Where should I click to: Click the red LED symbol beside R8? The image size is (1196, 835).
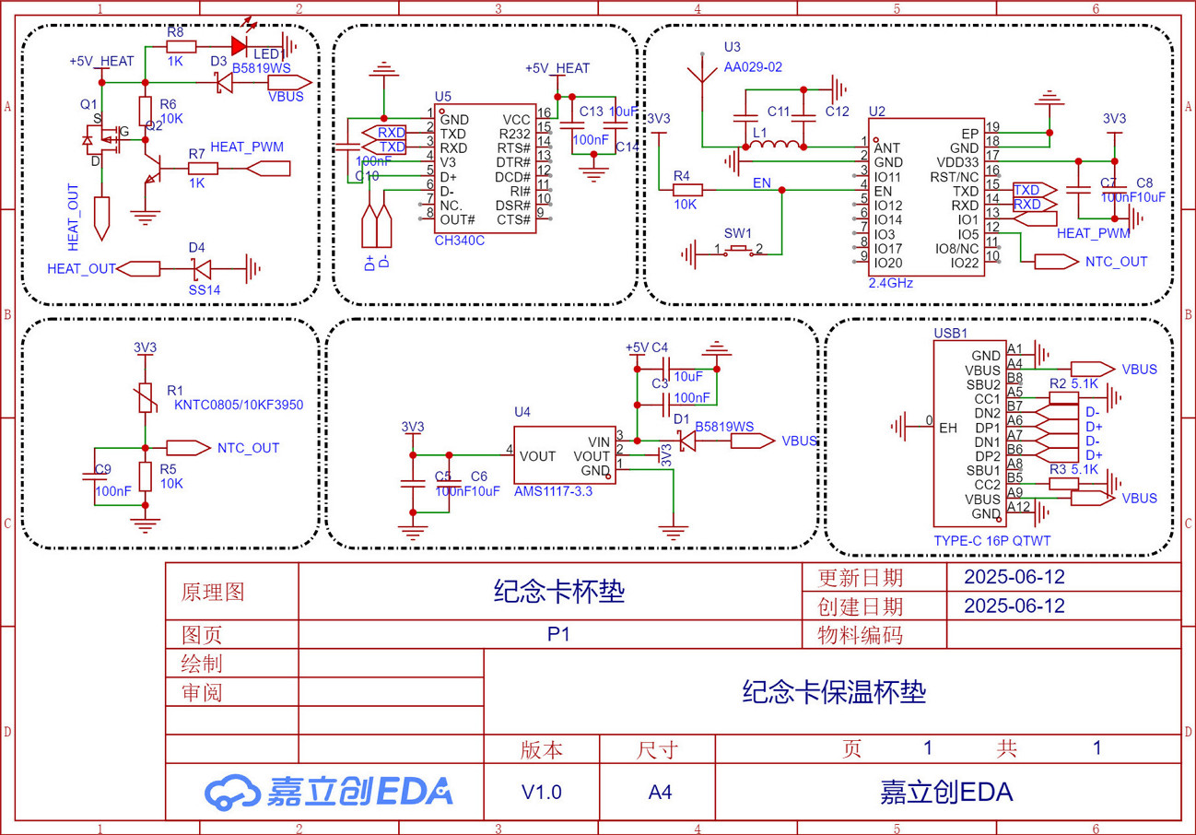point(241,44)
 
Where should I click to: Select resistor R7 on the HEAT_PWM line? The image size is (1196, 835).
point(203,168)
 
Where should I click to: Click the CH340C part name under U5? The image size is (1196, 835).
point(459,241)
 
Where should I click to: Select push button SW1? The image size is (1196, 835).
point(738,250)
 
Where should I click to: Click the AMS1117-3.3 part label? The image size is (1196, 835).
point(553,491)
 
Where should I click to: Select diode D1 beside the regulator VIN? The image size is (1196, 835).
point(686,441)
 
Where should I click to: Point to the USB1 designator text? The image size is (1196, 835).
point(951,332)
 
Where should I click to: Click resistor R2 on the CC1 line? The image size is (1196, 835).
point(1063,398)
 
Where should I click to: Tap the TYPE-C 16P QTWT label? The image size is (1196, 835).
point(992,541)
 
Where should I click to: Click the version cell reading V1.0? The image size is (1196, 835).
point(541,792)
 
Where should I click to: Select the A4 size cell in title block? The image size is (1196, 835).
point(660,792)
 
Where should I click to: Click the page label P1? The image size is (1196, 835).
point(558,635)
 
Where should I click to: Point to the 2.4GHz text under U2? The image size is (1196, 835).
point(890,283)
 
